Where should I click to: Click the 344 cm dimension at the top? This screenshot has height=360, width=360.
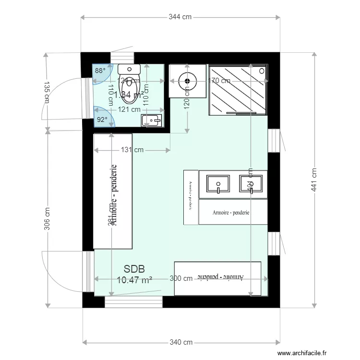point(180,17)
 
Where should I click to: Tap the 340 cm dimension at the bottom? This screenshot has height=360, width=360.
point(181,342)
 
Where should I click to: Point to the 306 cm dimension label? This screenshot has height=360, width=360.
point(47,219)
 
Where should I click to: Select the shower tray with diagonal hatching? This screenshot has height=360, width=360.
point(238,89)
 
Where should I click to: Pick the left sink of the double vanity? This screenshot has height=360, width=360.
point(218,184)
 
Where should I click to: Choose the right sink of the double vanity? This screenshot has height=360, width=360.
point(251,184)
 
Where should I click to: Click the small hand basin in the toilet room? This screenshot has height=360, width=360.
point(152,120)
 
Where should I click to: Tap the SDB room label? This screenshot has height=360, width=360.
point(134,269)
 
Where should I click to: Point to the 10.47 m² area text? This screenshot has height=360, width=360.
point(134,279)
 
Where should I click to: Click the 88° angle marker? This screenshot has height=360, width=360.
point(100,71)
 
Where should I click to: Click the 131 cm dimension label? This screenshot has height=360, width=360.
point(132,150)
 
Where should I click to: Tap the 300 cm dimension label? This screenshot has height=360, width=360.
point(180,278)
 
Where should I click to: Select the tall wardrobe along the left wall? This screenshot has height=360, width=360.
point(113,191)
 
